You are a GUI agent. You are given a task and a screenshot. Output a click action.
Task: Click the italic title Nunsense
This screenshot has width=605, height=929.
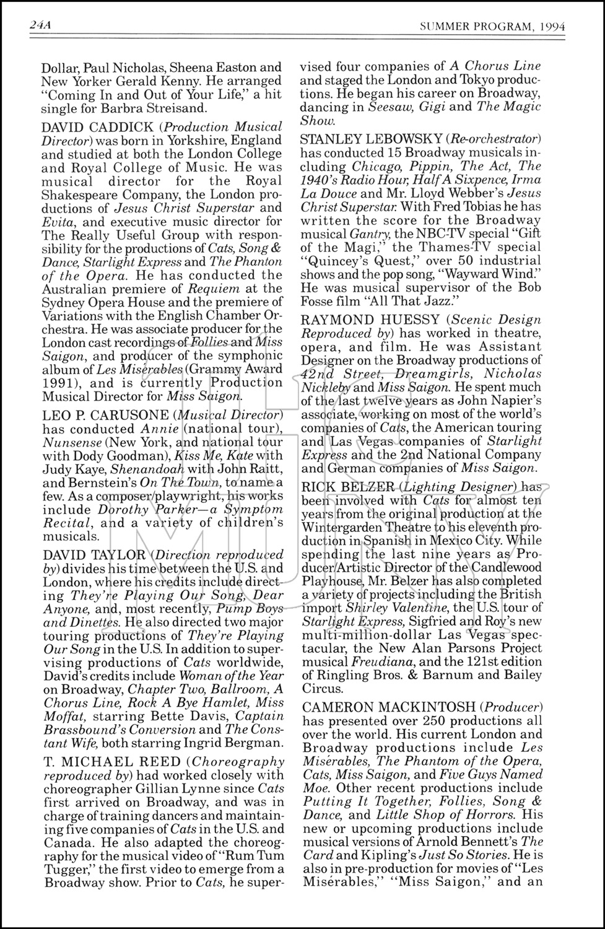tap(67, 442)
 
